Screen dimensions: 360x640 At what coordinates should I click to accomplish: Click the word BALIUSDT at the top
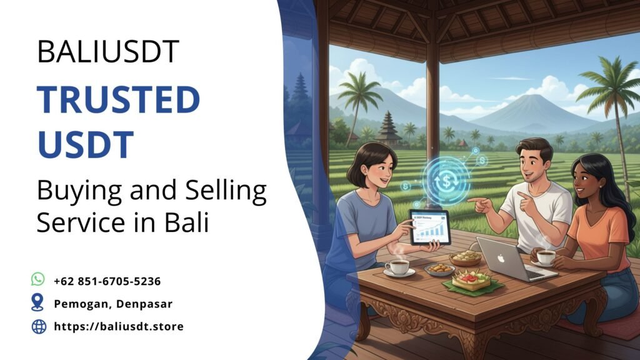[x=108, y=51]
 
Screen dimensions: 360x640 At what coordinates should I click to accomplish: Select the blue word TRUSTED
[x=118, y=100]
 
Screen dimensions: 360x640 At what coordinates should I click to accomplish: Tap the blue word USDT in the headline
[x=86, y=143]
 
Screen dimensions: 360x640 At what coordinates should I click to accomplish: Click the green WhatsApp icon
[x=39, y=280]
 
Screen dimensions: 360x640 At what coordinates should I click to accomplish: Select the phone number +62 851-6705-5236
[x=107, y=281]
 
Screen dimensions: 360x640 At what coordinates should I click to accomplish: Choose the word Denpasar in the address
[x=147, y=304]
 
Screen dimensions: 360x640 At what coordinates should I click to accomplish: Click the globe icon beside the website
[x=39, y=326]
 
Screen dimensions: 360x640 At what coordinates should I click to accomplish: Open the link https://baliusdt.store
[x=119, y=326]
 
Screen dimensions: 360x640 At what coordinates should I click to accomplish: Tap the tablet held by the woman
[x=430, y=227]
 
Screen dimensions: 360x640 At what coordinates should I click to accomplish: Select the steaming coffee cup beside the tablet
[x=397, y=267]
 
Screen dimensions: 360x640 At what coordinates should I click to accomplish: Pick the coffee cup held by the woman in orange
[x=546, y=256]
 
